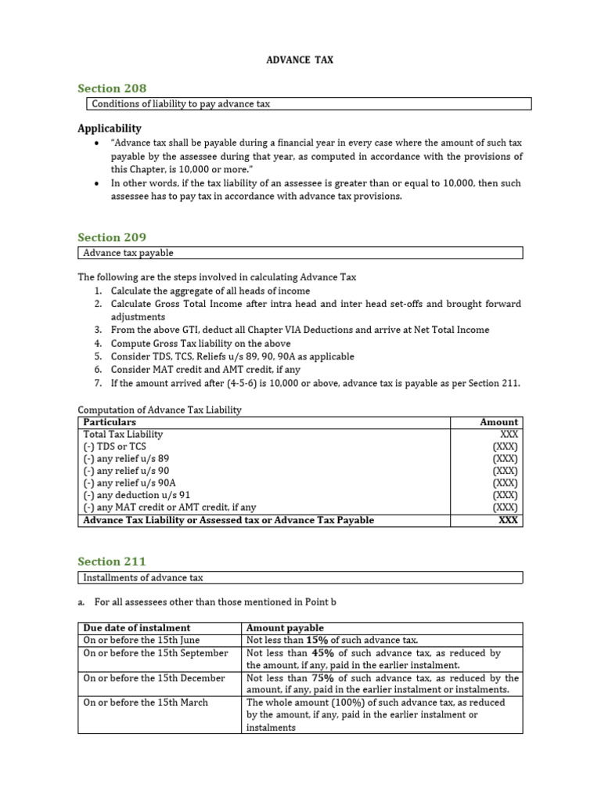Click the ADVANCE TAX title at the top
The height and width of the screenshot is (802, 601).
300,60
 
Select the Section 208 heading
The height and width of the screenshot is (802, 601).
112,88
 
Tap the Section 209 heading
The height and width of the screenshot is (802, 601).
112,237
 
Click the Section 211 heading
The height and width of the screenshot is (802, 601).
112,561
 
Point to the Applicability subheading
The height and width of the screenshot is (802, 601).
110,128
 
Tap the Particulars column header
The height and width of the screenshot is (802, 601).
110,421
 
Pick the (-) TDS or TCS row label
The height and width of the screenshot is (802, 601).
116,446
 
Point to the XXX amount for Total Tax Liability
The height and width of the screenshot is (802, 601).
508,434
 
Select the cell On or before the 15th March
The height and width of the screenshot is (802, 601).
146,703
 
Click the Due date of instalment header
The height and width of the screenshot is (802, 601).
137,627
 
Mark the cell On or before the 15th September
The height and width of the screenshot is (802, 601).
156,652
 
